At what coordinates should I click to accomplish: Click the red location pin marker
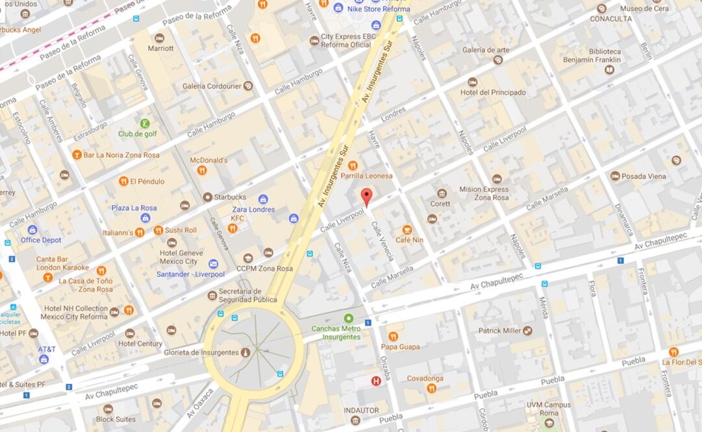coord(366,197)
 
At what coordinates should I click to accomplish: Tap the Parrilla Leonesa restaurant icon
coord(353,165)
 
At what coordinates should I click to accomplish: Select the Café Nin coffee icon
coord(407,230)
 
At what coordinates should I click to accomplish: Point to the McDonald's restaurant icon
coord(202,171)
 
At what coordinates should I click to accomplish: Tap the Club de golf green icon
coord(145,123)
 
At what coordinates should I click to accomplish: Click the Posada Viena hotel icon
coord(614,176)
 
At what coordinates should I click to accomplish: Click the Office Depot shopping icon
coord(32,230)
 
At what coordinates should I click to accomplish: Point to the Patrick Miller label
coord(499,330)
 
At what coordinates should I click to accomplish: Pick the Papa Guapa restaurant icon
coord(393,336)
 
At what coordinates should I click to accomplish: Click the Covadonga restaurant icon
coord(431,388)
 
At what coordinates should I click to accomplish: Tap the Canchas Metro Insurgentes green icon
coord(349,318)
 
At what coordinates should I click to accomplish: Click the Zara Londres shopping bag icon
coord(263,199)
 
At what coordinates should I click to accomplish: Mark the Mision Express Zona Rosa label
coord(484,193)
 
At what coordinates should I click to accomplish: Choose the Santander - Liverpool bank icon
coord(213,264)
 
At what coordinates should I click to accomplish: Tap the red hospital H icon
coord(376,381)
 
